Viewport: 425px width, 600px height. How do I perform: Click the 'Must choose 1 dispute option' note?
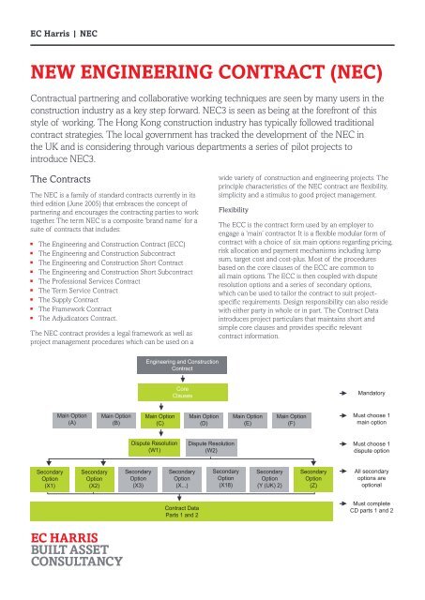pos(384,448)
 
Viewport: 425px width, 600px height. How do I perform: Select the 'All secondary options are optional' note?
pos(384,479)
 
